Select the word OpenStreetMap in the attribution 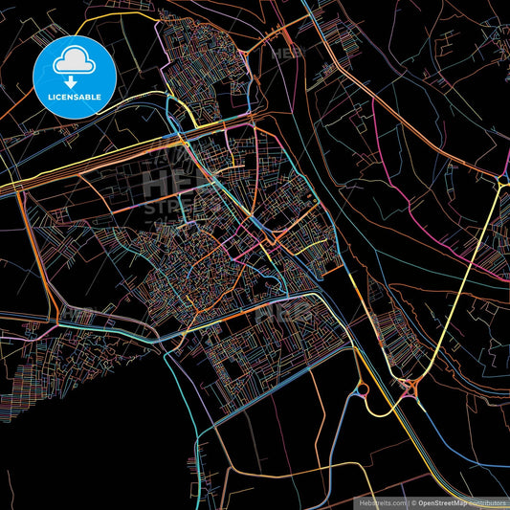tap(447, 501)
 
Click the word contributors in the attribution tap(489, 501)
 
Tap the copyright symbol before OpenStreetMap tap(413, 501)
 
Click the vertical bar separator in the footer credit tap(408, 501)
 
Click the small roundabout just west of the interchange tap(362, 389)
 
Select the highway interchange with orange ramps tap(412, 388)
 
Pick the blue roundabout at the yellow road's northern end tap(501, 181)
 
